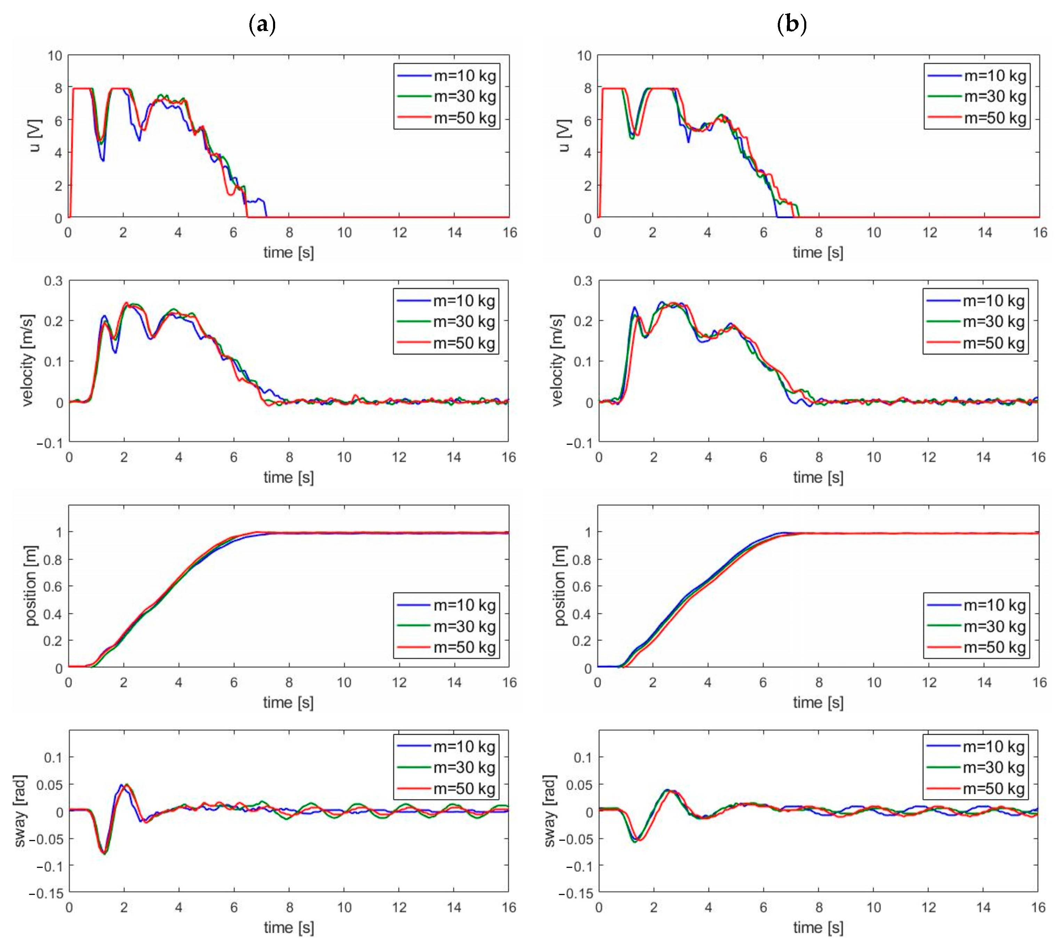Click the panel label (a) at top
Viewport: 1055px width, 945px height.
(x=262, y=24)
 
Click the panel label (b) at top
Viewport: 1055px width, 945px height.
(x=791, y=24)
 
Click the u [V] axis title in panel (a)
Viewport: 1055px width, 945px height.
(x=35, y=136)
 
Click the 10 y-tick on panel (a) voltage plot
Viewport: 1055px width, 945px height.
(x=55, y=56)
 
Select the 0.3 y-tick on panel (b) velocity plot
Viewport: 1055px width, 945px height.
(x=583, y=281)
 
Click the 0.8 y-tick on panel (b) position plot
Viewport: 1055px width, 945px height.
(x=582, y=560)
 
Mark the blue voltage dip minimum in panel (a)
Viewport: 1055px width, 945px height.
(x=103, y=160)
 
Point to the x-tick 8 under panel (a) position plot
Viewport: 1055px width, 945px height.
(x=289, y=682)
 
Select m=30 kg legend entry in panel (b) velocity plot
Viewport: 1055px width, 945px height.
(x=993, y=322)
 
